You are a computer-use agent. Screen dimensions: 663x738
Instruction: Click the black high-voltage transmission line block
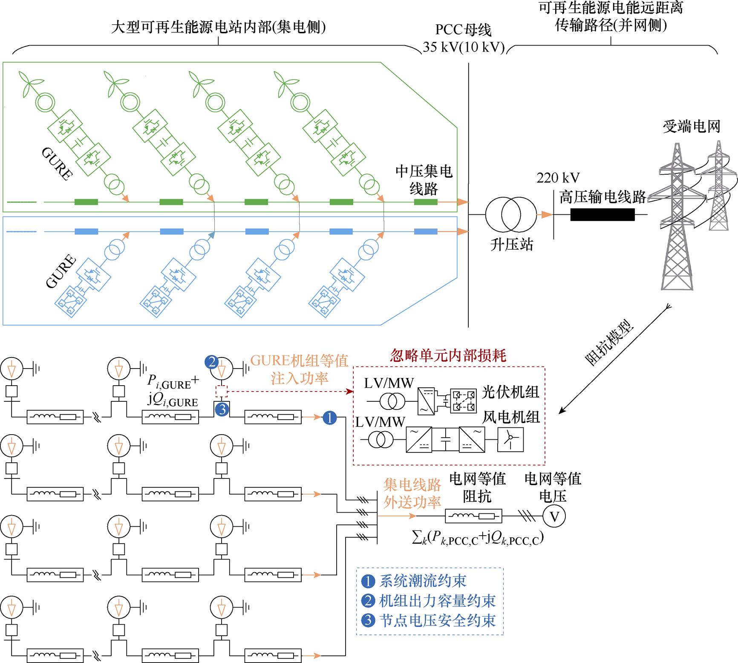coord(602,214)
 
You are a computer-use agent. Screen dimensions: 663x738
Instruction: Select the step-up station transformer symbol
coord(510,214)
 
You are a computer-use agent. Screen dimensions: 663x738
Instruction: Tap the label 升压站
coord(511,245)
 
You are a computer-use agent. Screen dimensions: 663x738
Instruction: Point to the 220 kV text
coord(558,178)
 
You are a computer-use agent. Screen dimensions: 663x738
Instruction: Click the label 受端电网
coord(691,127)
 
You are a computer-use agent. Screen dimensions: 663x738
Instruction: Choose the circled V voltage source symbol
coord(554,516)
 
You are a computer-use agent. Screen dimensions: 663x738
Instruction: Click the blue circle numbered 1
coord(329,418)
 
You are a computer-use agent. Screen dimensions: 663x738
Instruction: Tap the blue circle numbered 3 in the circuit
coord(222,410)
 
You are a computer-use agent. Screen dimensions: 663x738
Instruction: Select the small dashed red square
coord(222,391)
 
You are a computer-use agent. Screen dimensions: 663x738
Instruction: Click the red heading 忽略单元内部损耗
coord(448,355)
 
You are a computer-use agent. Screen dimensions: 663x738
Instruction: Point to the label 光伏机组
coord(510,392)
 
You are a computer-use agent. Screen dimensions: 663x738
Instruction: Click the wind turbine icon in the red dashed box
coord(510,439)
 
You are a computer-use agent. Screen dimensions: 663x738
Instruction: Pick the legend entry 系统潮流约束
coord(422,581)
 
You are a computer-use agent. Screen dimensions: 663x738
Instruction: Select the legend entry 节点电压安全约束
coord(437,620)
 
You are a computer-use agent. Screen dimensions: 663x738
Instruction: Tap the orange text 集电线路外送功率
coord(412,493)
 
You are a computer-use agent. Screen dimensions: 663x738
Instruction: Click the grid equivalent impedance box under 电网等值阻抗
coord(473,516)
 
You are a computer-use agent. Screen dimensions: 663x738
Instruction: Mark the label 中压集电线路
coord(424,180)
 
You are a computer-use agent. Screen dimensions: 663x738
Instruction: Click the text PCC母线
coord(463,30)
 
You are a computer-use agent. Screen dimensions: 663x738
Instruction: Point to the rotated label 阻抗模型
coord(609,343)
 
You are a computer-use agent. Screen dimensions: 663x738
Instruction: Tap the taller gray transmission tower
coord(677,217)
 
